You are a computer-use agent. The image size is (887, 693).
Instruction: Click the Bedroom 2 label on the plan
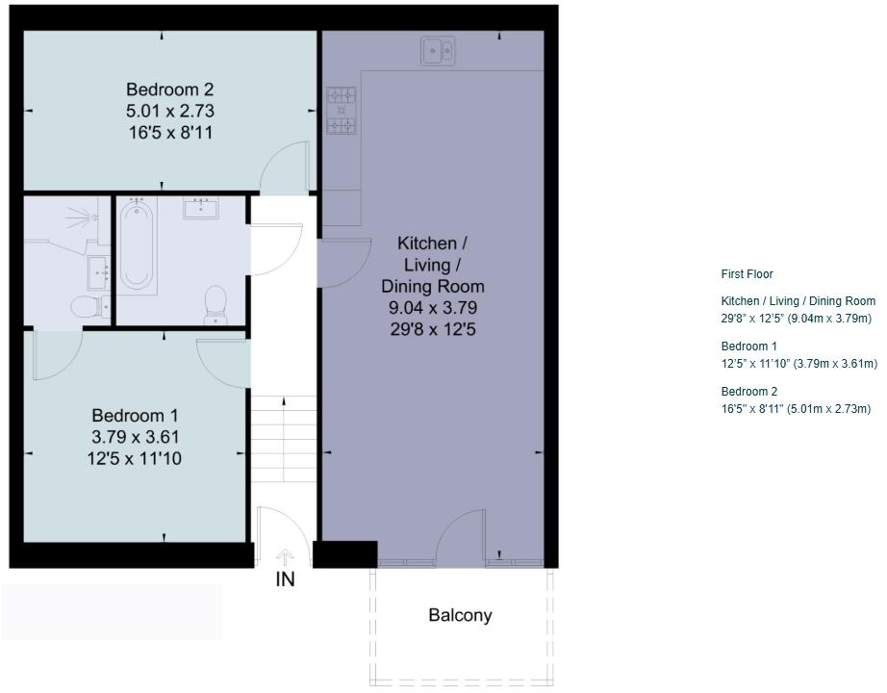[169, 90]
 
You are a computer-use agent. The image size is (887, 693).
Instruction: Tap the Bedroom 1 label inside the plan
[135, 416]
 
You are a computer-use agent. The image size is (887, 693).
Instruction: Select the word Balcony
[460, 615]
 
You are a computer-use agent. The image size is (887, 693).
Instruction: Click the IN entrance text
[285, 579]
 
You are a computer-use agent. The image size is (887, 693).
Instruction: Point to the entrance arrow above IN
[285, 557]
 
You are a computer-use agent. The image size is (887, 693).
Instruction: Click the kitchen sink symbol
[438, 51]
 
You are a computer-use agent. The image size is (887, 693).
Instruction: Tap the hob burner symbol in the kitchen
[342, 111]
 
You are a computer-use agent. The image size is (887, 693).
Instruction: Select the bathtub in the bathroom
[137, 246]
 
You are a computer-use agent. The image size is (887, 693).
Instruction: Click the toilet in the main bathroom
[215, 305]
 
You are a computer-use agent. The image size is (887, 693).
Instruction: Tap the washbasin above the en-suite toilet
[99, 272]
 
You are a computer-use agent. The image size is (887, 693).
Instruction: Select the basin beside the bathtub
[201, 208]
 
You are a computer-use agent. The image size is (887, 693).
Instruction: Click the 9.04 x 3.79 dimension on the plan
[433, 307]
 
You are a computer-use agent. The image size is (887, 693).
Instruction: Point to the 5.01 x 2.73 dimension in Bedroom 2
[169, 111]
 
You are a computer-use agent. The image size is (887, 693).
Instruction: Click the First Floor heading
[747, 274]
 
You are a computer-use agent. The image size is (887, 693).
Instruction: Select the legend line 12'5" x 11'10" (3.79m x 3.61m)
[798, 364]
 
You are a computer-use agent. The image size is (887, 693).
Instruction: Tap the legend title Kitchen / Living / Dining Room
[798, 301]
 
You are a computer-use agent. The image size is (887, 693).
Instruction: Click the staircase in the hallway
[284, 439]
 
